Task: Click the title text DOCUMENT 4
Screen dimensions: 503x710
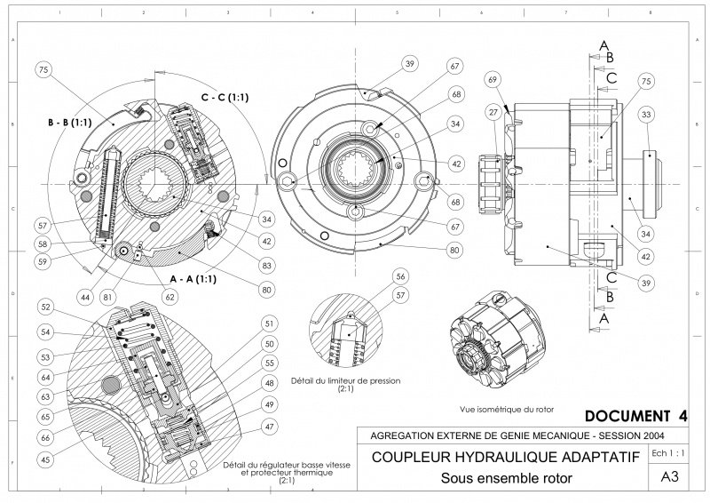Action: [x=636, y=416]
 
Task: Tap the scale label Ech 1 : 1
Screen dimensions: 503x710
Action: [x=669, y=453]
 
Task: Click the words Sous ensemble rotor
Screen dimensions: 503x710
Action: [x=506, y=478]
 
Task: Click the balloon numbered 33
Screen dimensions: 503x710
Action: [x=647, y=115]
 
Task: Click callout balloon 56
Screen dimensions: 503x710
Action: [x=401, y=276]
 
